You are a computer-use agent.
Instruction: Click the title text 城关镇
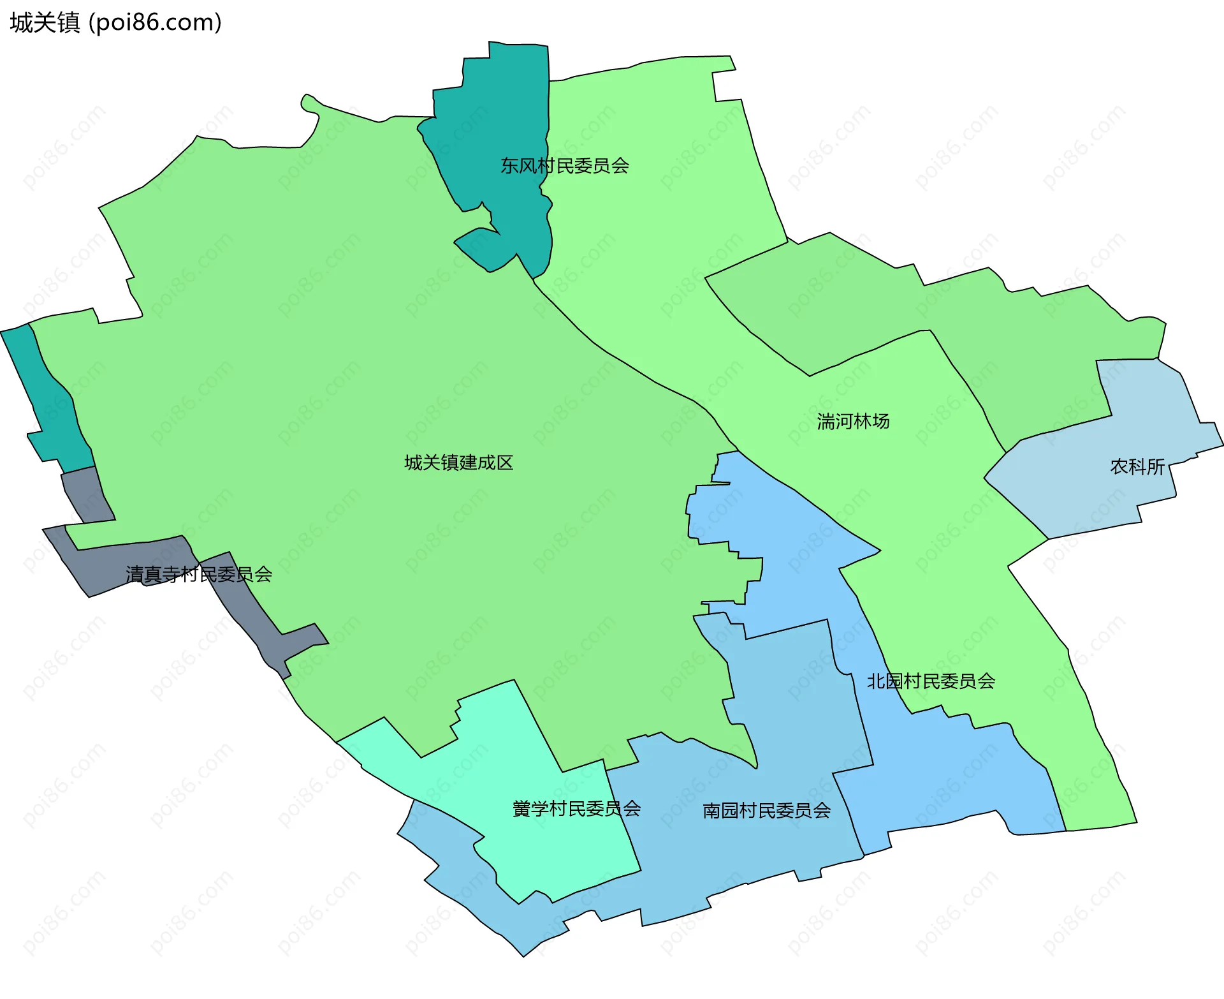tap(45, 23)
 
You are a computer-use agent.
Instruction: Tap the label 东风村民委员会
tap(565, 166)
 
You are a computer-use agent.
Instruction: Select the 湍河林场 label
tap(853, 422)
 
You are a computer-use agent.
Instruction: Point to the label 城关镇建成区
tap(458, 463)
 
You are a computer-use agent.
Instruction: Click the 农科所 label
tap(1137, 467)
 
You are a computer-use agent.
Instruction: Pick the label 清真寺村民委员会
tap(199, 575)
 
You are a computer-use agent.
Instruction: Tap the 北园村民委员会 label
tap(931, 681)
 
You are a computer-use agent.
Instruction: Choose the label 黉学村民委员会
tap(576, 809)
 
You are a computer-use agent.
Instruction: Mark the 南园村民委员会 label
tap(766, 811)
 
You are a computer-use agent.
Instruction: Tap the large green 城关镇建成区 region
tap(319, 383)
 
